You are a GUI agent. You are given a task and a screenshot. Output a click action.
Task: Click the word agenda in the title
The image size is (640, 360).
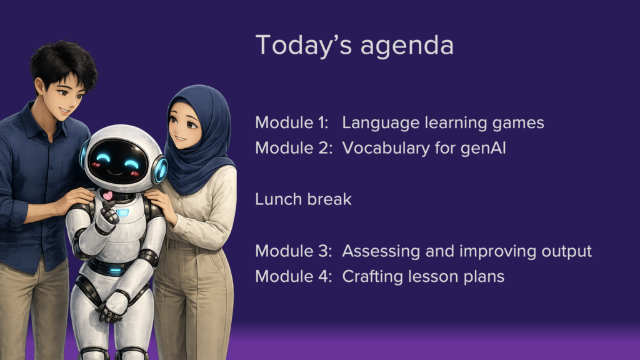(x=407, y=46)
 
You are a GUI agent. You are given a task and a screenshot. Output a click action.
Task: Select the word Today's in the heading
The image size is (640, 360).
(x=304, y=44)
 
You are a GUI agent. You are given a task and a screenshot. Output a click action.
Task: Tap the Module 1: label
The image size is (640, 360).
(x=292, y=122)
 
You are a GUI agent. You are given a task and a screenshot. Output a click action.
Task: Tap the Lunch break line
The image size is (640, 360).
(x=303, y=199)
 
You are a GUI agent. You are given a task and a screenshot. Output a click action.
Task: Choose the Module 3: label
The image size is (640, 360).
(x=294, y=251)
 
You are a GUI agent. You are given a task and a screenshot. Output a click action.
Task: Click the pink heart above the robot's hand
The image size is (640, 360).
(x=107, y=196)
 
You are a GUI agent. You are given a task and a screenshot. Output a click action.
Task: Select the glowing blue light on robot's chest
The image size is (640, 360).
(x=122, y=212)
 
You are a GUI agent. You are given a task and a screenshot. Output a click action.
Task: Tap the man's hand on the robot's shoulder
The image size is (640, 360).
(x=76, y=200)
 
